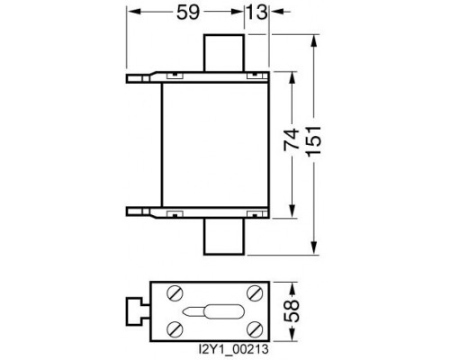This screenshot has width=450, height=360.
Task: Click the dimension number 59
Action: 188,13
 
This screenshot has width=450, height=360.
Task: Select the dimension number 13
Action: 256,13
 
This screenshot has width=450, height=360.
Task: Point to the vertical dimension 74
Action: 292,139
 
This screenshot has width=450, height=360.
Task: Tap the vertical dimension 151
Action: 314,140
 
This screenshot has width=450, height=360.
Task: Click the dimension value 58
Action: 292,310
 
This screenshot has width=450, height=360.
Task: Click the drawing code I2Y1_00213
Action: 234,349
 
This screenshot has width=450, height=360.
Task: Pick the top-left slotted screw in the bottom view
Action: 175,293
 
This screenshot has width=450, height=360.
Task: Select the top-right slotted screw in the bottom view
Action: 255,293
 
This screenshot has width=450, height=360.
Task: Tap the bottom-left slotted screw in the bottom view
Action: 175,329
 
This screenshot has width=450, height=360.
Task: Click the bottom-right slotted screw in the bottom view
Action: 255,329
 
